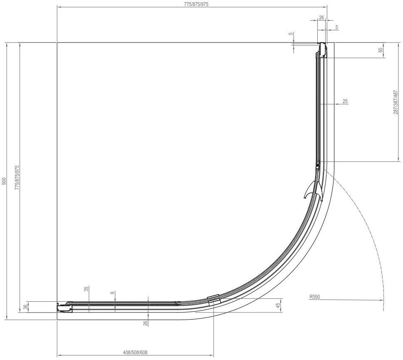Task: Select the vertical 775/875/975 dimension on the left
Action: coord(17,177)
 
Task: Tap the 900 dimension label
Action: coord(4,181)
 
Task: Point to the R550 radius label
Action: coord(315,297)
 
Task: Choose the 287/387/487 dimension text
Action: coord(396,102)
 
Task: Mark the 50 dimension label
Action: coord(381,50)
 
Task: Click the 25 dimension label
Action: coord(345,101)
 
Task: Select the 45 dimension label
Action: coord(278,305)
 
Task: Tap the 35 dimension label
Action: coord(86,289)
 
